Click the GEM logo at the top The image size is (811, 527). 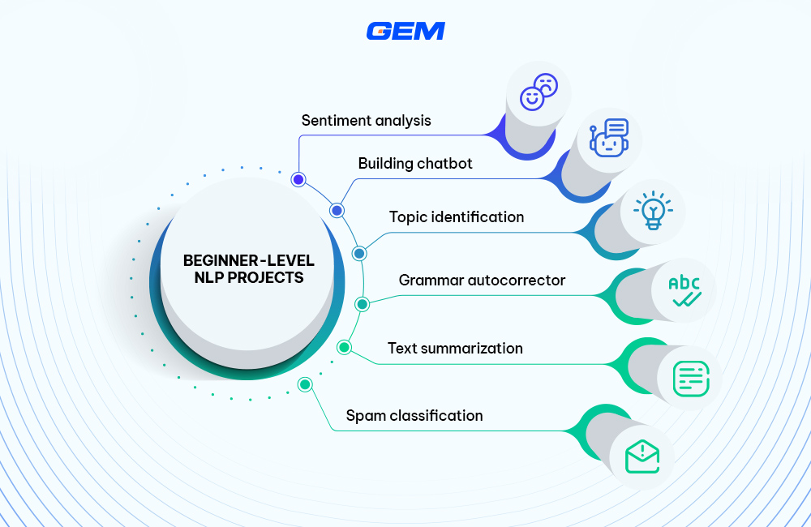pos(405,31)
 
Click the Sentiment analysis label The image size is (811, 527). pos(367,121)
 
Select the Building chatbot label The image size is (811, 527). pos(415,164)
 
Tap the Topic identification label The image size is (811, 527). pos(457,217)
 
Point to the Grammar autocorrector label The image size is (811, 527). pos(482,281)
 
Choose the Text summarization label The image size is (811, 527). pos(455,349)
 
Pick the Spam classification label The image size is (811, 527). pos(414,416)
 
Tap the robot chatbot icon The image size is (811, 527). pos(610,139)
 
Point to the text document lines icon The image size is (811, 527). pos(691,376)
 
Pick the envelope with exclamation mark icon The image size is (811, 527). pos(642,457)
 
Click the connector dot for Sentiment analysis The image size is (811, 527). pos(298,179)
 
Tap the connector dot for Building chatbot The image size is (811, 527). pos(337,211)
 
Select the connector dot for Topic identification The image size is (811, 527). pos(359,253)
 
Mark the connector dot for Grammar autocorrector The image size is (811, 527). pos(363,304)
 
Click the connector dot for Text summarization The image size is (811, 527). pos(345,348)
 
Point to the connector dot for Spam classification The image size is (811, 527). pos(305,384)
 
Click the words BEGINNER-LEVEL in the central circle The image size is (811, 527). pos(248,261)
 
